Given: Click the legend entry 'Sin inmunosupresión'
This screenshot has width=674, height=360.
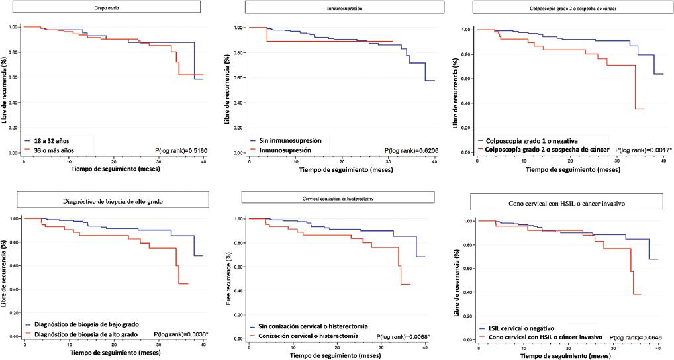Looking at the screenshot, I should (x=288, y=142).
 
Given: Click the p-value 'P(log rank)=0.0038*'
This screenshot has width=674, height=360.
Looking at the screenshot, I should (x=181, y=335).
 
